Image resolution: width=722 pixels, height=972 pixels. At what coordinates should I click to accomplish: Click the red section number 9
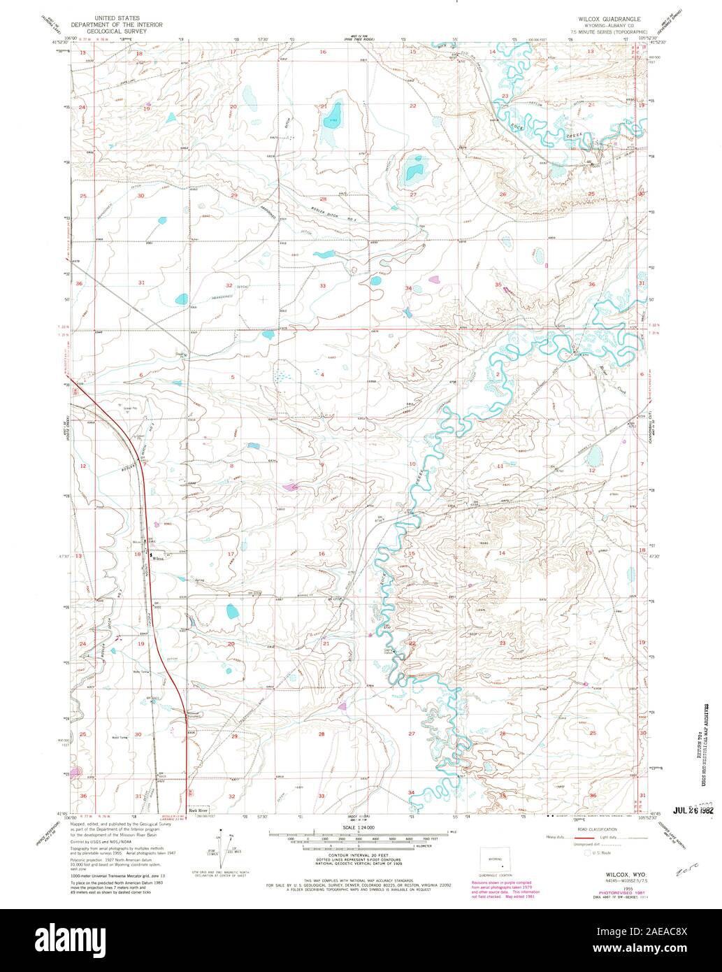pos(322,465)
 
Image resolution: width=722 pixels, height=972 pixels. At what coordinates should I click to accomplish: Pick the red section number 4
pos(322,375)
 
